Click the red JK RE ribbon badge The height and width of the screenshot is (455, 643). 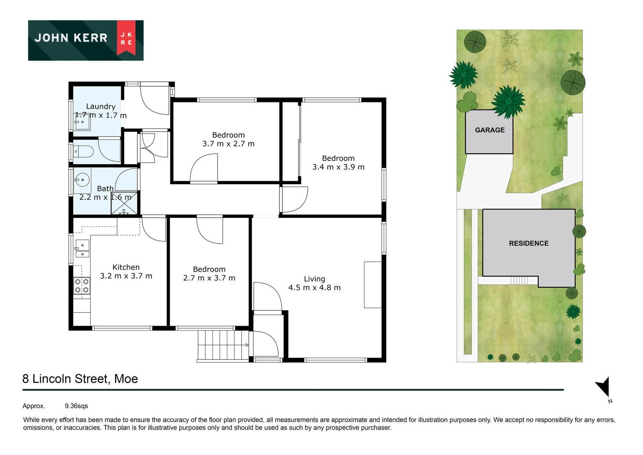click(x=126, y=38)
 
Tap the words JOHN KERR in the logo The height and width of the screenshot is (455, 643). click(x=71, y=38)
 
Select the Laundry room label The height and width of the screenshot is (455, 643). click(x=101, y=107)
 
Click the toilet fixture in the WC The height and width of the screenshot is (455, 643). click(x=84, y=151)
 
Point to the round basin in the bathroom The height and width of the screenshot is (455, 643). click(x=82, y=180)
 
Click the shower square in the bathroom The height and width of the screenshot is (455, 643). click(x=124, y=204)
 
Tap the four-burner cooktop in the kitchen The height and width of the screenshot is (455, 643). click(x=82, y=286)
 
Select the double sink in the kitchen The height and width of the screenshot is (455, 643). click(x=82, y=248)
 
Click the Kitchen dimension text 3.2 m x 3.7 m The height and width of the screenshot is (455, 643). click(x=126, y=276)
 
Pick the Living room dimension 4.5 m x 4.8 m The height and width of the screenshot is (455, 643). click(x=314, y=288)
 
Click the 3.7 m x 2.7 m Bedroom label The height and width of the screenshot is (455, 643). click(x=228, y=144)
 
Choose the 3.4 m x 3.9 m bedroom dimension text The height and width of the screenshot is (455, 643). click(x=338, y=167)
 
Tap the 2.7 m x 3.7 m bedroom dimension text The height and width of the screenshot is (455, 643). click(x=209, y=278)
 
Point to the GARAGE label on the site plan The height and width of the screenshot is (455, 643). click(x=489, y=130)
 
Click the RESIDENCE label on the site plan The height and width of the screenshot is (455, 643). click(x=529, y=244)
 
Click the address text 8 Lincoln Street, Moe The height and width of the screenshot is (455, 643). click(x=80, y=379)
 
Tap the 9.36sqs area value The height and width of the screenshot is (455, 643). click(x=76, y=406)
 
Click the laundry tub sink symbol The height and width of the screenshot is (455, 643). click(x=82, y=122)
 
